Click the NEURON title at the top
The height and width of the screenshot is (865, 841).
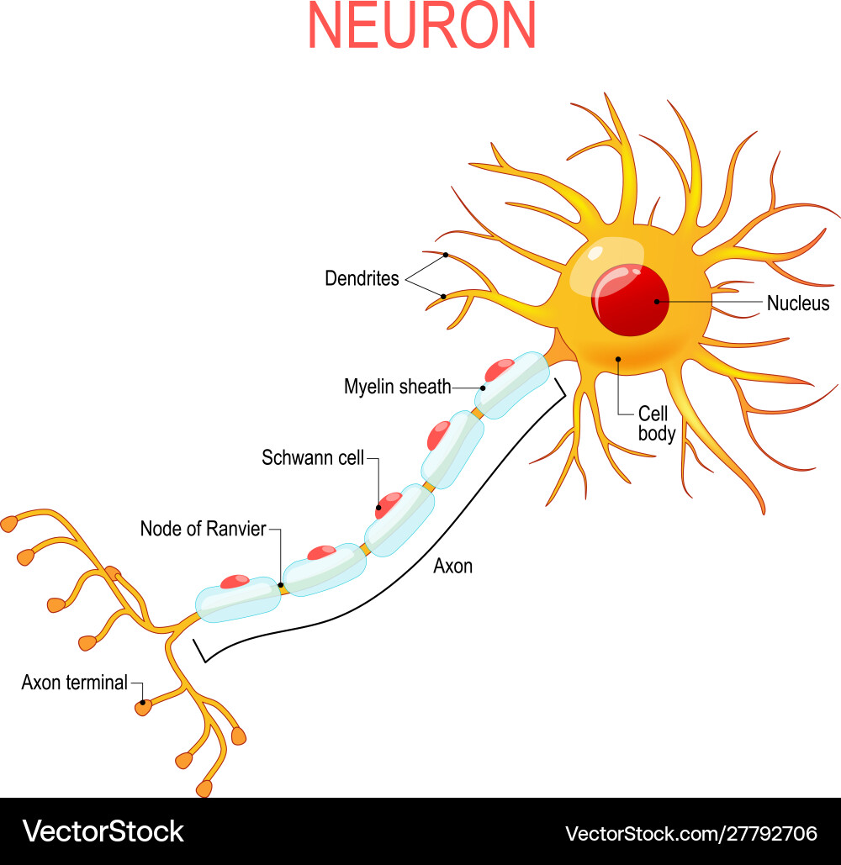422,26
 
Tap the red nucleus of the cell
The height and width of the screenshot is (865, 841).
630,300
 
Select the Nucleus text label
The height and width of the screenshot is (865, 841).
797,303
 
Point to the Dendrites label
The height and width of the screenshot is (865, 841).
362,278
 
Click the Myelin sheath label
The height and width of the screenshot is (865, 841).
397,387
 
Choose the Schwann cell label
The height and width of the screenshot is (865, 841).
312,458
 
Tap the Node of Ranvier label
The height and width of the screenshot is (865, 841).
203,529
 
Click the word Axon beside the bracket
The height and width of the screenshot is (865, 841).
452,567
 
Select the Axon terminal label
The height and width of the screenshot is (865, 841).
74,683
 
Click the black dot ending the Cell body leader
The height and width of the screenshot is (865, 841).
618,359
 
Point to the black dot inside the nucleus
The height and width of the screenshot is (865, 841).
654,300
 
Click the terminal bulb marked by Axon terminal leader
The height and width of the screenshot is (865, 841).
143,707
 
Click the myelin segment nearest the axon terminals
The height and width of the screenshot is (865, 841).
237,599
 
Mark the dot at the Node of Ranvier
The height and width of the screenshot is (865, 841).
281,585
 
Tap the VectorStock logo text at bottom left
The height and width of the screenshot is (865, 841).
103,831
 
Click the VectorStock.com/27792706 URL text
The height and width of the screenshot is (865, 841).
690,833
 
